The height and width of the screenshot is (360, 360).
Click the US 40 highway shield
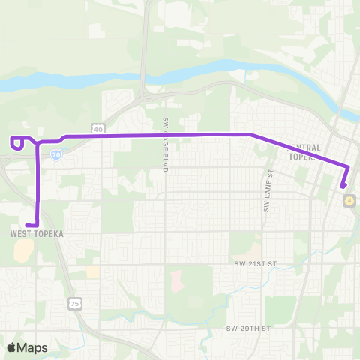click(x=98, y=128)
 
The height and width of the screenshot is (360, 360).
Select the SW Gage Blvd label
click(x=165, y=145)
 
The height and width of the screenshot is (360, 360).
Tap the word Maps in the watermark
click(x=33, y=347)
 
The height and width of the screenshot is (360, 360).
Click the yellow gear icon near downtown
click(x=349, y=200)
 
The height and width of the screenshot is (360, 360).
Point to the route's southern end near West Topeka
click(x=27, y=224)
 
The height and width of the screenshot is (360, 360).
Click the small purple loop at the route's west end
click(x=16, y=142)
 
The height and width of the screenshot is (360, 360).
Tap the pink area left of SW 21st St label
click(x=177, y=282)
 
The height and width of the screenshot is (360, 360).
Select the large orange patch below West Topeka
click(x=22, y=255)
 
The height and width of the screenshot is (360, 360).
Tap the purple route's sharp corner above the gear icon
click(x=349, y=167)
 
